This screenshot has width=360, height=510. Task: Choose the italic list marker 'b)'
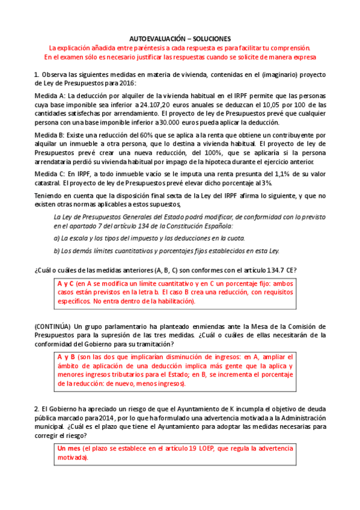[x=57, y=251]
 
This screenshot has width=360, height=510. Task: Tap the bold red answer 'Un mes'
[x=70, y=449]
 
